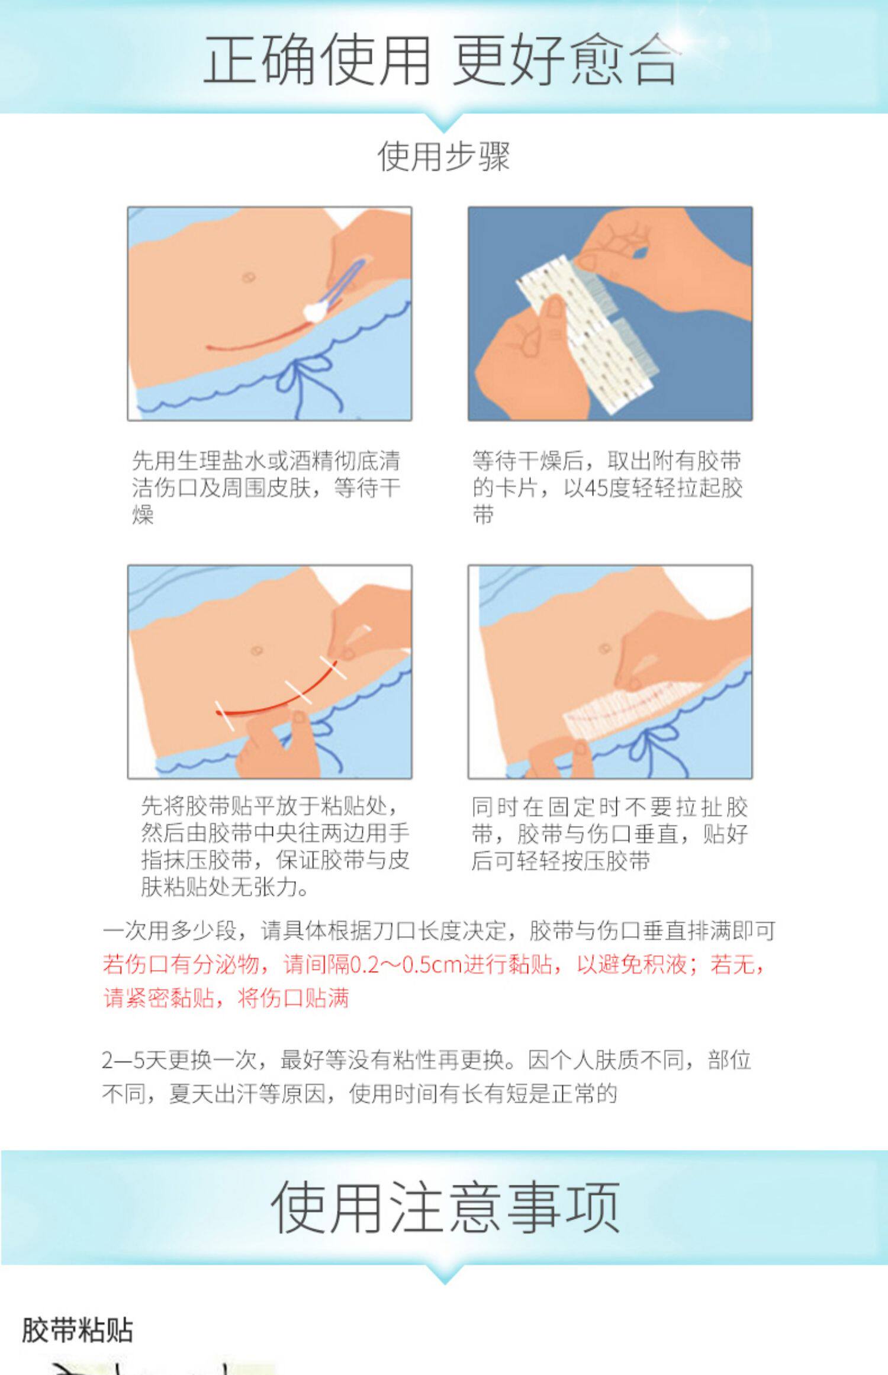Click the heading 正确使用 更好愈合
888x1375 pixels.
pyautogui.click(x=441, y=59)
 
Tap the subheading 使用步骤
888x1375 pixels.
pyautogui.click(x=443, y=156)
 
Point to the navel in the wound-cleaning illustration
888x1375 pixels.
pyautogui.click(x=248, y=277)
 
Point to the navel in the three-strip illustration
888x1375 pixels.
pyautogui.click(x=257, y=650)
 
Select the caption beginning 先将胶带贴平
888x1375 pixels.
pyautogui.click(x=275, y=846)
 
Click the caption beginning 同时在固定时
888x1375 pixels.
pyautogui.click(x=610, y=833)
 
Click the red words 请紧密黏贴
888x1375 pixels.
pyautogui.click(x=159, y=998)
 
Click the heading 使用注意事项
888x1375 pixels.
pyautogui.click(x=445, y=1206)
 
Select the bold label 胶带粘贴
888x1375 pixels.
pyautogui.click(x=77, y=1329)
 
